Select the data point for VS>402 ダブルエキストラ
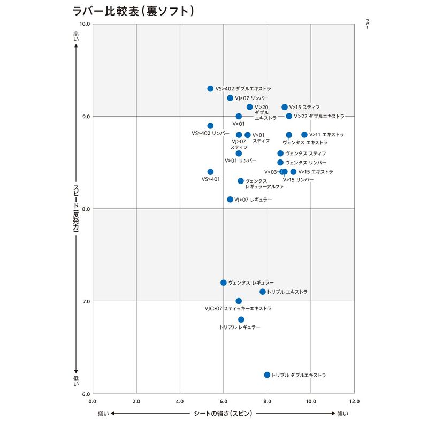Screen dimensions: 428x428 [x=210, y=89]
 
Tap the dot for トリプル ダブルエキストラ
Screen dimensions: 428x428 [x=267, y=375]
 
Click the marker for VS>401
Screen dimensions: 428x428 [x=210, y=172]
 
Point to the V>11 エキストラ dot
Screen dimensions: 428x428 [x=304, y=135]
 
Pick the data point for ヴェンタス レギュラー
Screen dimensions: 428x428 [x=224, y=282]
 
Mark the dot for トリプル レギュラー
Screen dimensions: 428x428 [x=241, y=319]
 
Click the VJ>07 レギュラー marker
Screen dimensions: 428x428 [x=230, y=200]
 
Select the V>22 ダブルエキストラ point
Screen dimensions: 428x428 [x=289, y=116]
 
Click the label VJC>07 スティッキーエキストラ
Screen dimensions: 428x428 [x=238, y=309]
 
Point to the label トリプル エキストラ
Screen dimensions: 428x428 [x=287, y=292]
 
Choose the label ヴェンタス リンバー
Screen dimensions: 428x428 [x=305, y=163]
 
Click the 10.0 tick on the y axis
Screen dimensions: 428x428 [x=84, y=24]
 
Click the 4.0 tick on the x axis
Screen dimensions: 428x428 [x=180, y=401]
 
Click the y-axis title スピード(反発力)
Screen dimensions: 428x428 [x=76, y=209]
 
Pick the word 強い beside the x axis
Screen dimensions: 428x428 [x=343, y=414]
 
